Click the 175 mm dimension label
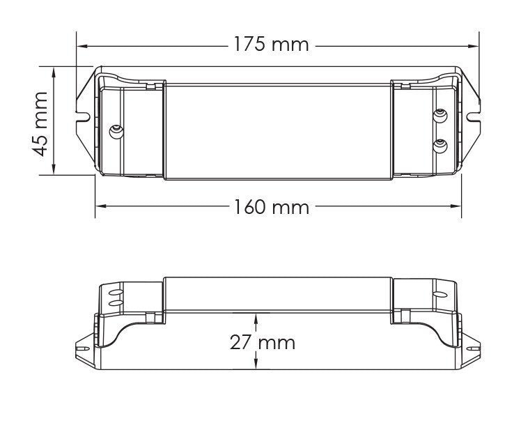(271, 45)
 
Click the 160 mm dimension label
(271, 207)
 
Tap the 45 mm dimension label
(40, 124)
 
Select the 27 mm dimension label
(263, 342)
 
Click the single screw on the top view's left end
(116, 132)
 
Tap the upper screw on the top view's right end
(440, 116)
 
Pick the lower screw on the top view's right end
(440, 146)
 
